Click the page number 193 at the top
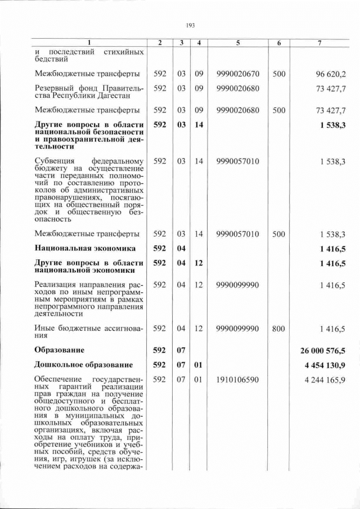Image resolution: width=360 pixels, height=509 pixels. point(190,25)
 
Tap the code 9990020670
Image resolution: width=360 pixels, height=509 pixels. point(237,74)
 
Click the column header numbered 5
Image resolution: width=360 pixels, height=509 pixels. point(237,43)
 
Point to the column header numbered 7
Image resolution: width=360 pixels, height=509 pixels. point(319,43)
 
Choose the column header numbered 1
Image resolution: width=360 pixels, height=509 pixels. point(89,43)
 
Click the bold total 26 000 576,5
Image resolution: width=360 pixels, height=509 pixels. point(322,350)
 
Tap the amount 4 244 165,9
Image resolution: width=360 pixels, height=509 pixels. point(325,380)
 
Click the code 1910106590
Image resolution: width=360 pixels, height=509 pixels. point(237,380)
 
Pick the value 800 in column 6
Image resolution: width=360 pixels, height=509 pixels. point(278,328)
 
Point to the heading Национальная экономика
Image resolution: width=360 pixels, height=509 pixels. point(85,247)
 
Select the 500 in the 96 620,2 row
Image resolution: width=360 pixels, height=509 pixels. point(278,74)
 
